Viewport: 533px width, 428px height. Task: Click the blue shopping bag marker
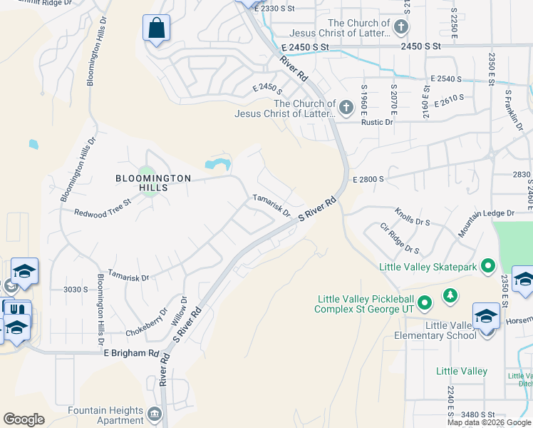coord(157,29)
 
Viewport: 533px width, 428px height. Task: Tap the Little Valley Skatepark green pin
coord(488,267)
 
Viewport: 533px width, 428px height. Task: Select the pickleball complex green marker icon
coord(425,304)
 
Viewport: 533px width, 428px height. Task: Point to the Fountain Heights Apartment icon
coord(154,414)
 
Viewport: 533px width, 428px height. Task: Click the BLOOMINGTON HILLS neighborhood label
coord(154,183)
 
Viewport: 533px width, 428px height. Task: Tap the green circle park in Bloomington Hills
coord(147,172)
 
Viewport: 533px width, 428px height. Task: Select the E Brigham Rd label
coord(132,353)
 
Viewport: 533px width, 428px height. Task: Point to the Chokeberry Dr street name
coord(146,321)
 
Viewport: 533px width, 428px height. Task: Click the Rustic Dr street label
coord(378,122)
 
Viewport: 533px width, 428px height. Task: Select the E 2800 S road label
coord(368,178)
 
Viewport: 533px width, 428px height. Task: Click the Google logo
coord(24,419)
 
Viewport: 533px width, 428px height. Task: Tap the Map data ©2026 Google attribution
coord(489,422)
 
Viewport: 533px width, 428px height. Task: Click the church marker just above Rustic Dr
coord(346,108)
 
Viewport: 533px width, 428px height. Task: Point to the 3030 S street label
coord(75,289)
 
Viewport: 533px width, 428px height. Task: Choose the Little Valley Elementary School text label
coord(450,330)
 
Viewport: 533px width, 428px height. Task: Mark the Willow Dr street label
coord(179,311)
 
